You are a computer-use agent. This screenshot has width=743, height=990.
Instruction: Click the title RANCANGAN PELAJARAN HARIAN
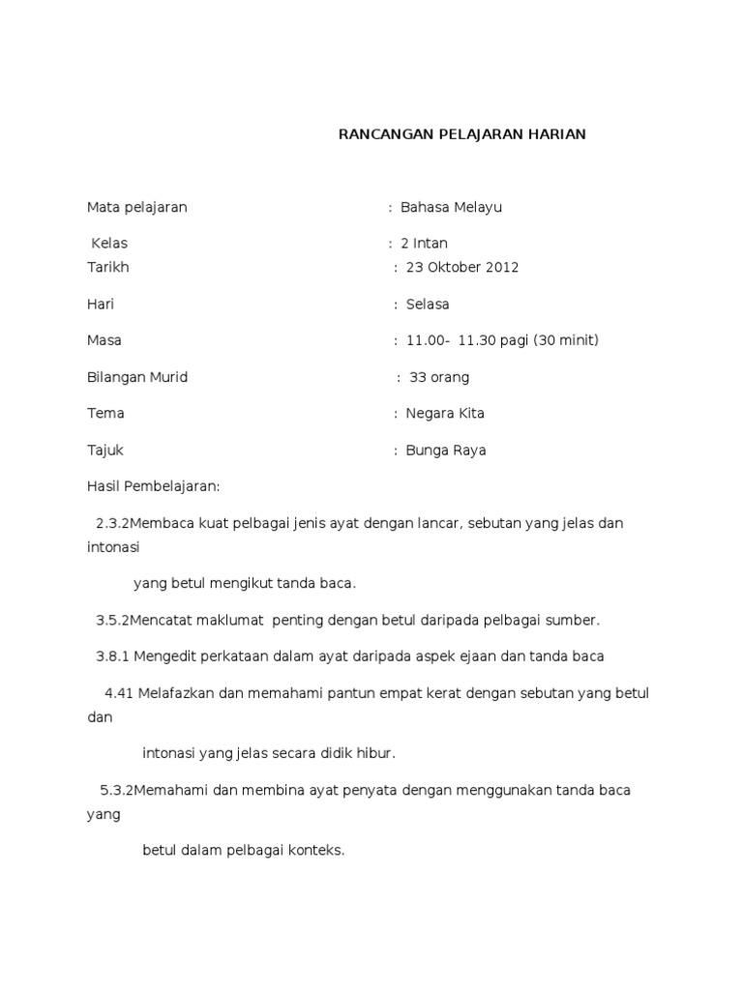[461, 134]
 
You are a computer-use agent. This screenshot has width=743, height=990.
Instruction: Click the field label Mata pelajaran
[136, 207]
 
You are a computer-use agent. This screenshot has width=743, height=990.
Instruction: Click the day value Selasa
[428, 305]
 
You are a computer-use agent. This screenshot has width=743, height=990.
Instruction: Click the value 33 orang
[439, 377]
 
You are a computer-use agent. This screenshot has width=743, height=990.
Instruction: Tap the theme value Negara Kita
[445, 414]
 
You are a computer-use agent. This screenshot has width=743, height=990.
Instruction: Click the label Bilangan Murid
[136, 377]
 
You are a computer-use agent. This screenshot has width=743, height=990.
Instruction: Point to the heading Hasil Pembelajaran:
[154, 486]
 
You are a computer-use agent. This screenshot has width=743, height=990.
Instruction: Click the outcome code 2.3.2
[112, 523]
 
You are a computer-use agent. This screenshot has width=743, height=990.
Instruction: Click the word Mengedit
[167, 656]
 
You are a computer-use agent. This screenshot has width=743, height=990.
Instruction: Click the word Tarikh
[107, 268]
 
